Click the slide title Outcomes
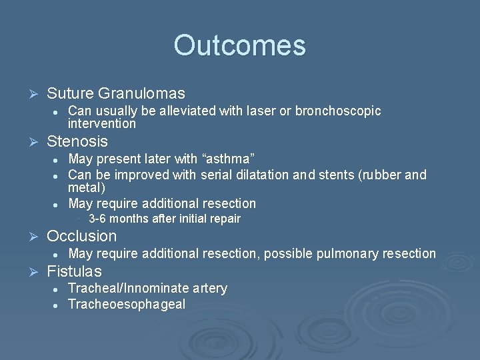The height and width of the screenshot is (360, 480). click(239, 45)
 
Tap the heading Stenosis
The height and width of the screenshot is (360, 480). click(77, 141)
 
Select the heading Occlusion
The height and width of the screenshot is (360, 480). click(81, 236)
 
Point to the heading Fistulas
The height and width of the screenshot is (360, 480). click(74, 271)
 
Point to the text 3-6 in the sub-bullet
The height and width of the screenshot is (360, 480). click(97, 219)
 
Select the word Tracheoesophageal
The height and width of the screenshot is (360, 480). click(127, 304)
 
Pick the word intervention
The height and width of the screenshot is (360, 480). click(102, 123)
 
